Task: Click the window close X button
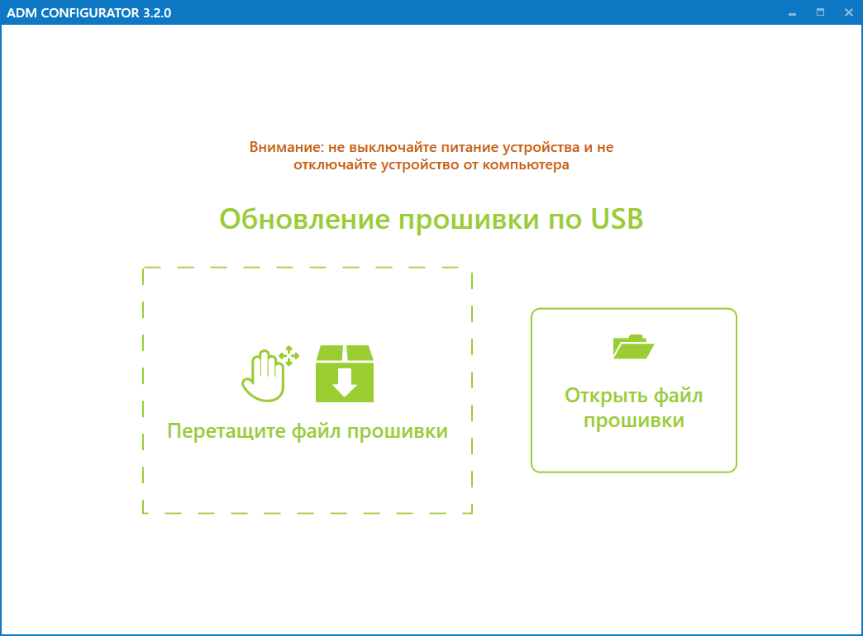pos(848,12)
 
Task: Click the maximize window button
pos(820,12)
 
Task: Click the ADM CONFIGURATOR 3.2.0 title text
pos(88,12)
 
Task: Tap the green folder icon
pos(633,347)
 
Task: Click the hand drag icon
pos(264,376)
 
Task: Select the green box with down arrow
pos(345,373)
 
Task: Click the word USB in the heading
pos(617,219)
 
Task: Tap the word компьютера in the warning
pos(526,164)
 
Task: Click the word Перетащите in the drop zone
pos(226,431)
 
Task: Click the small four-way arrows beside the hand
pos(289,356)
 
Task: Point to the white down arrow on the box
pos(345,382)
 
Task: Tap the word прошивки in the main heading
pos(469,220)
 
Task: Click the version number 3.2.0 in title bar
pos(157,12)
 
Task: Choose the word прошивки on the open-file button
pos(633,421)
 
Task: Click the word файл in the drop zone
pos(316,431)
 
